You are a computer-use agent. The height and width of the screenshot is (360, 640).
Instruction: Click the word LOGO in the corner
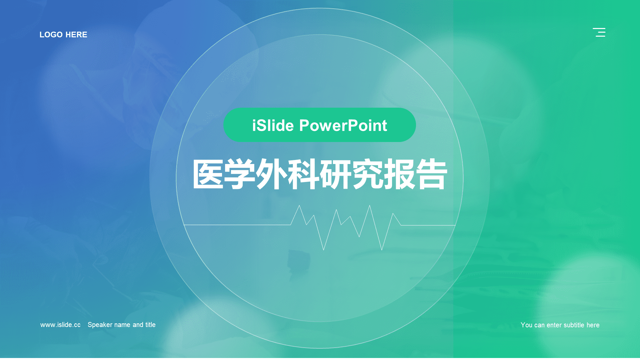[x=51, y=35]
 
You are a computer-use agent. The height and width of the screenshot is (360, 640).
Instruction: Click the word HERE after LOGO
[x=76, y=35]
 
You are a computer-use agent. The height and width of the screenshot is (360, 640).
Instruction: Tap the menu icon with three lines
[x=599, y=32]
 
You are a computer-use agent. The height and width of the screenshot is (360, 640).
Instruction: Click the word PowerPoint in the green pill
[x=343, y=126]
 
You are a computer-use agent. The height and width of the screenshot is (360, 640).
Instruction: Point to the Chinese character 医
[x=208, y=174]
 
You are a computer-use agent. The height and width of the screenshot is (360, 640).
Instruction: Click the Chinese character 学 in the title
[x=240, y=174]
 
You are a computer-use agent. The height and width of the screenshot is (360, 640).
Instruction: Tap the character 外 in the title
[x=272, y=174]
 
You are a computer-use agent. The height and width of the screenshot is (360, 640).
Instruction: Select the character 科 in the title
[x=303, y=174]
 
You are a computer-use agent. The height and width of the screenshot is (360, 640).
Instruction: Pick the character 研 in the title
[x=335, y=174]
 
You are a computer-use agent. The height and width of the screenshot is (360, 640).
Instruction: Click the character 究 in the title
[x=367, y=174]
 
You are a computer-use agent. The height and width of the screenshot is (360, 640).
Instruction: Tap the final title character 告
[x=431, y=174]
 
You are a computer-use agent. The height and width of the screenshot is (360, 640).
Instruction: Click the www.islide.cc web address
[x=60, y=325]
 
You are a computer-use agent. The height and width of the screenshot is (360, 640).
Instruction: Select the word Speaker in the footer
[x=100, y=325]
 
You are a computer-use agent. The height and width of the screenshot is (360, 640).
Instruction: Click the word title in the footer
[x=150, y=325]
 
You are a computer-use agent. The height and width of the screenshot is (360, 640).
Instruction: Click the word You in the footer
[x=527, y=325]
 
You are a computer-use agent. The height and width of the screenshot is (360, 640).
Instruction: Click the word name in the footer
[x=123, y=325]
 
